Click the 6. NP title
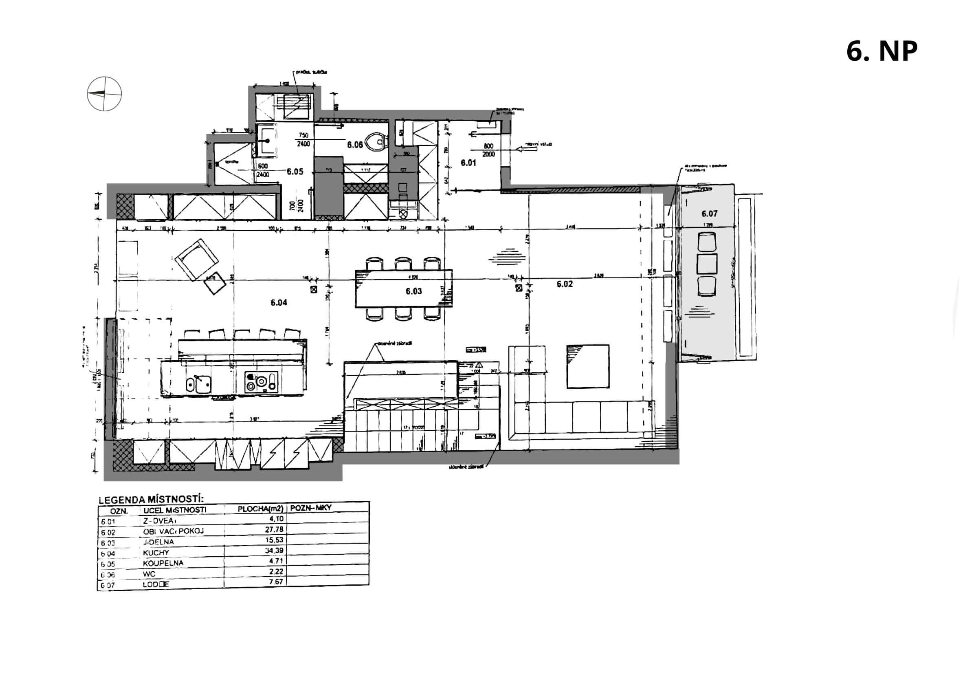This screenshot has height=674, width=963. tap(881, 52)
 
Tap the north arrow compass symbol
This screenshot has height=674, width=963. tap(104, 94)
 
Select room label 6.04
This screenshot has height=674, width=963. tap(279, 302)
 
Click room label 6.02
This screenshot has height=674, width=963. tap(565, 284)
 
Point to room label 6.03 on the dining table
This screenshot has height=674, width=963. tap(413, 291)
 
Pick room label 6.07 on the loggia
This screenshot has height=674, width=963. tap(709, 214)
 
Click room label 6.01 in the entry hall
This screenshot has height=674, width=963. tap(468, 163)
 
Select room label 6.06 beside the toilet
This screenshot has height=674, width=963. tap(354, 145)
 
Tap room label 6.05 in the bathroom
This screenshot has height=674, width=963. tap(295, 172)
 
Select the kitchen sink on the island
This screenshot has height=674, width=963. tap(200, 383)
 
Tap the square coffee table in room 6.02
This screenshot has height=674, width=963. tap(587, 366)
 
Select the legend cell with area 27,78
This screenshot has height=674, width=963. tap(274, 530)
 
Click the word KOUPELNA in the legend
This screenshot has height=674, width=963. tap(163, 563)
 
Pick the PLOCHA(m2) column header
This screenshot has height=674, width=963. tap(260, 509)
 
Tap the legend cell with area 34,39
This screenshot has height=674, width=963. tap(274, 551)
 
